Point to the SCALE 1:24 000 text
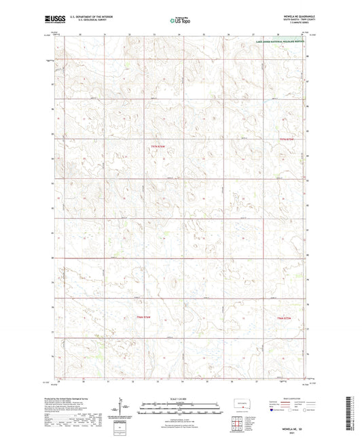click(x=181, y=399)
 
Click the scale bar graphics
click(x=181, y=410)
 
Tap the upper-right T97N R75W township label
click(x=289, y=139)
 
